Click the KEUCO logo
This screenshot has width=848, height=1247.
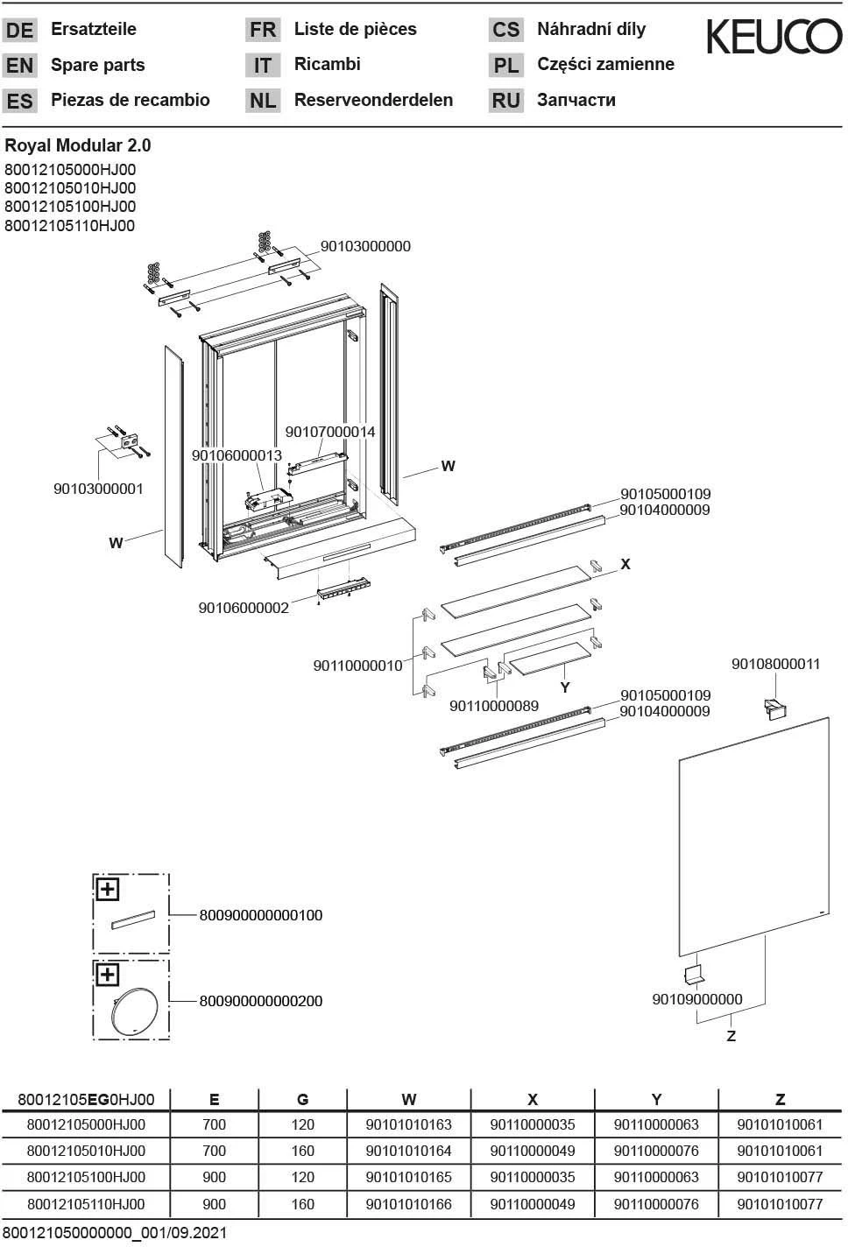774,38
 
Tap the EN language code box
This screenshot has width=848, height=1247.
19,66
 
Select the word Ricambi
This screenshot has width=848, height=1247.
327,64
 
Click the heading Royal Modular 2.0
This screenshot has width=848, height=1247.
78,145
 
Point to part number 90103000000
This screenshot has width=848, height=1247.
365,246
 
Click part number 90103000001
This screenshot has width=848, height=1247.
98,489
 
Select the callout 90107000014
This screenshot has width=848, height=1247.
330,432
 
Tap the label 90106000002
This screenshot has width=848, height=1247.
244,608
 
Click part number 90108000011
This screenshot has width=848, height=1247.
775,664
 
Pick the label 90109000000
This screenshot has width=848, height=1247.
696,999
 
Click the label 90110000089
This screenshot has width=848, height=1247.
494,706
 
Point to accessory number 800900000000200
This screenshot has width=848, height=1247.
261,1001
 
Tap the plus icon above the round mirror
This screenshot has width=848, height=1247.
107,975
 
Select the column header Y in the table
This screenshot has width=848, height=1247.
656,1099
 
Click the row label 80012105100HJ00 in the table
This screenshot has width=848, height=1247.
86,1177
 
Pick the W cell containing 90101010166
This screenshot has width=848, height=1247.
408,1204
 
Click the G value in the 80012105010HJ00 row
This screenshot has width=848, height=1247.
302,1151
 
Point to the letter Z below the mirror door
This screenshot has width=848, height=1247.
731,1036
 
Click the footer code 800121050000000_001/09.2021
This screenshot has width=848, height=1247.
115,1233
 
